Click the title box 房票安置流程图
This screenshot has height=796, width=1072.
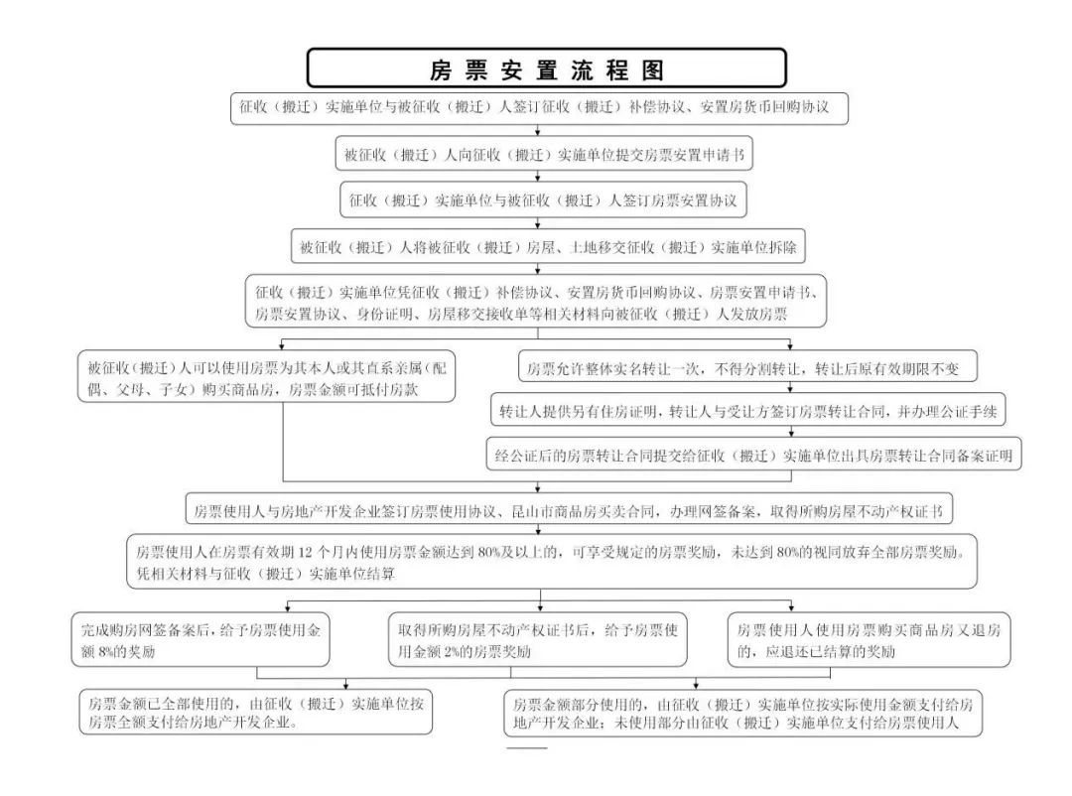coord(546,69)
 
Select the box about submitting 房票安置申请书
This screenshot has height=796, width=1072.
coord(543,155)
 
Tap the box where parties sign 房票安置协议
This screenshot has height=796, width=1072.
coord(543,200)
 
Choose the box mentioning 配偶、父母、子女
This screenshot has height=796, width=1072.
coord(266,378)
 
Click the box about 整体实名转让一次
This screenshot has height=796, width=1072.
coord(747,369)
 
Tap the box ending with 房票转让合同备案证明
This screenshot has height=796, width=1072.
coord(754,456)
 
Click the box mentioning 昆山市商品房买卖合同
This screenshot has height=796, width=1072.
coord(570,511)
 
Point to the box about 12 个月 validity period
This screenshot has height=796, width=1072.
coord(551,561)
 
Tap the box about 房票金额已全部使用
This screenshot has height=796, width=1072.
coord(256,712)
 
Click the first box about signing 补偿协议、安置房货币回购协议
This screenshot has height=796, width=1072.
coord(541,107)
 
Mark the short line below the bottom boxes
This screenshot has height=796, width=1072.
coord(527,747)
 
